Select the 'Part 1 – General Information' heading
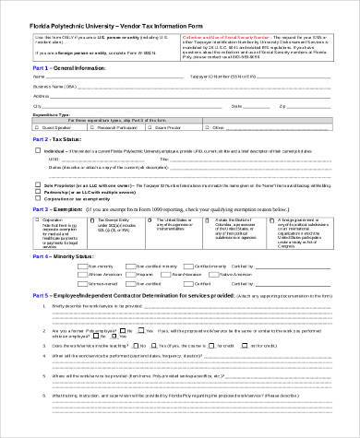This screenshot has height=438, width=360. point(66,67)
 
